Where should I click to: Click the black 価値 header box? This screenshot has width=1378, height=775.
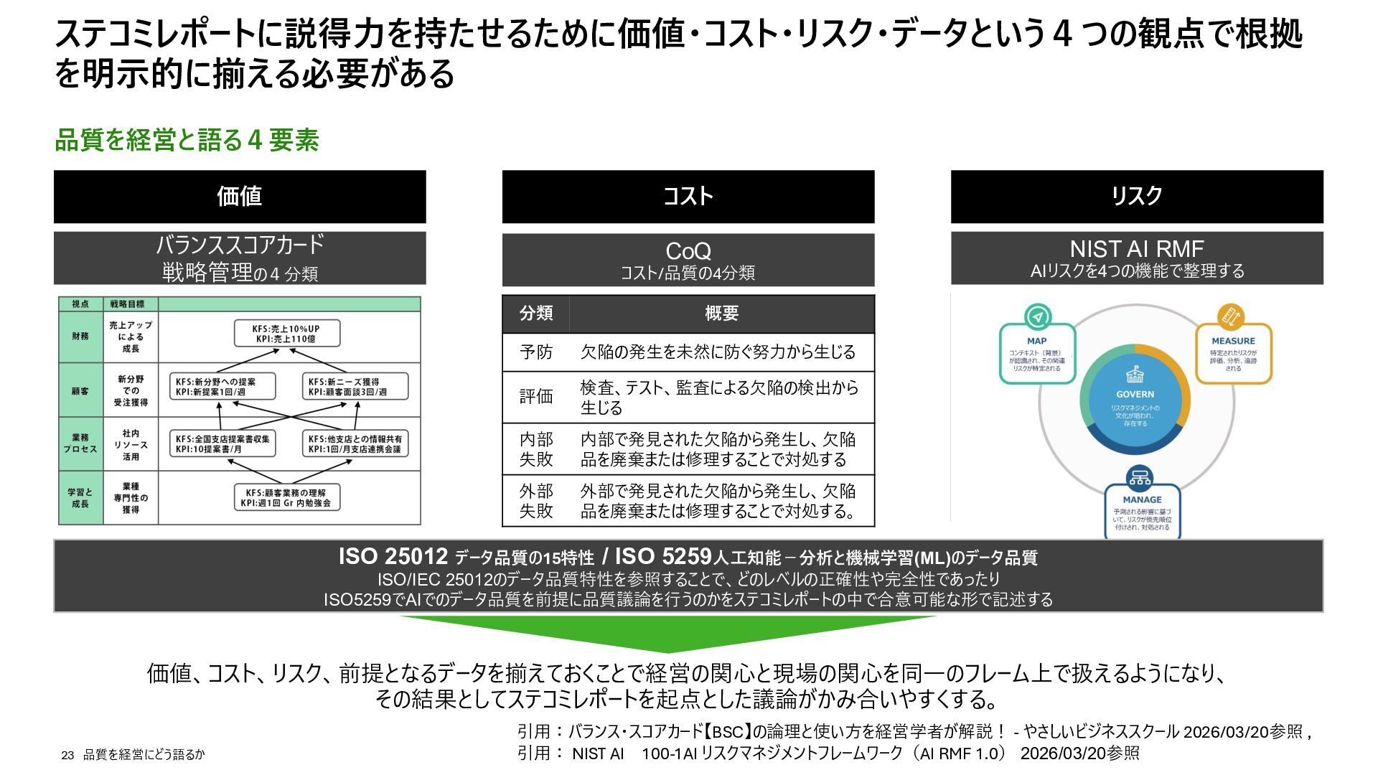[x=240, y=196]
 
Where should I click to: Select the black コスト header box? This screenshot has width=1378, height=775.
[x=688, y=196]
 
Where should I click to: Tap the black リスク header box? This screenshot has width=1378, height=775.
[x=1136, y=196]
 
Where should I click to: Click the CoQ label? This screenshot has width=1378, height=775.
[x=688, y=251]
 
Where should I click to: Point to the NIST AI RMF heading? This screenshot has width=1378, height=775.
[x=1136, y=249]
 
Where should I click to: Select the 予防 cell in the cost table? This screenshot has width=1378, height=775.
[x=536, y=352]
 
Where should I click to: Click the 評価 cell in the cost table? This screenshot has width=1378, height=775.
[x=536, y=397]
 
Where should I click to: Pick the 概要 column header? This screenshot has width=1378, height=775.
[x=721, y=314]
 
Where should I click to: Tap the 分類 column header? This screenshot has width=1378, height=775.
[x=536, y=314]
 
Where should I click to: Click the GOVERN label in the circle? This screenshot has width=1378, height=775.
[x=1135, y=394]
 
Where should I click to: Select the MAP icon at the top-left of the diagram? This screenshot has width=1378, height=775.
[x=1037, y=316]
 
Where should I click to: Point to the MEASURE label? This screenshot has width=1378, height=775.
[x=1233, y=341]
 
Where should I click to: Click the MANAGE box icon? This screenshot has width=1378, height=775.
[x=1140, y=476]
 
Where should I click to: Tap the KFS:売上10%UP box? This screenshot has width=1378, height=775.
[x=286, y=334]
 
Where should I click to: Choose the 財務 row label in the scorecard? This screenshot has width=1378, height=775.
[x=80, y=336]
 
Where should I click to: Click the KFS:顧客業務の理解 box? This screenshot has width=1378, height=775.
[x=286, y=497]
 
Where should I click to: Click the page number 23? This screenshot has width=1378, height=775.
[x=67, y=755]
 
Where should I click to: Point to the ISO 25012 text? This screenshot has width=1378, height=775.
[x=393, y=557]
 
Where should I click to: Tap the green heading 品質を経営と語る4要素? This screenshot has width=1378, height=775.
[x=187, y=140]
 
